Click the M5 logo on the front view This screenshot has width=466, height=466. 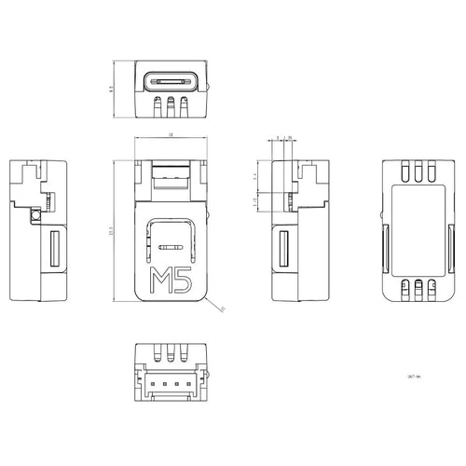pos(171,281)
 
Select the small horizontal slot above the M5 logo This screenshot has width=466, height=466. pos(171,247)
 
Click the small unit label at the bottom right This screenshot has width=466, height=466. pos(414,377)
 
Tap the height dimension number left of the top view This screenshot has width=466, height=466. pos(111,89)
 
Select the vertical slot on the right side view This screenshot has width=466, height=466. pos(284,251)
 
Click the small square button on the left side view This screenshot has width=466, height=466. pos(35,216)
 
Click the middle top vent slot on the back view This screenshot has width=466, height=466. pos(418,171)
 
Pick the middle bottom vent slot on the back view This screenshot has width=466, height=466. pos(418,288)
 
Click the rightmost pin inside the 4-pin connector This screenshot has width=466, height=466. pos(187,382)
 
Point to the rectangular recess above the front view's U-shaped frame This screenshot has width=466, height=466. pos(171,173)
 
